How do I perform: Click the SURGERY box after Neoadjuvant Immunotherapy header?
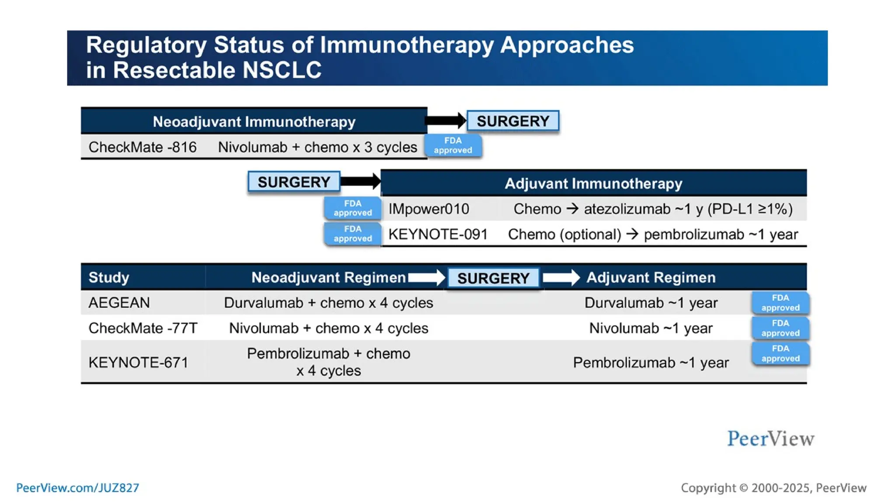(513, 121)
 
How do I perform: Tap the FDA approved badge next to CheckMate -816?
(453, 145)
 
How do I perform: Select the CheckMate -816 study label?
(142, 147)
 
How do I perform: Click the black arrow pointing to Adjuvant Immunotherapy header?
(360, 181)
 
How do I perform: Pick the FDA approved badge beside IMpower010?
(352, 208)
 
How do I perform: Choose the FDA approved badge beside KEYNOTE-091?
(352, 234)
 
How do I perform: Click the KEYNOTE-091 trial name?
(438, 234)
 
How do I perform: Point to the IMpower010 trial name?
(429, 209)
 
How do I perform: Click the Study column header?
(109, 277)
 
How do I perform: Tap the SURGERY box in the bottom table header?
(493, 278)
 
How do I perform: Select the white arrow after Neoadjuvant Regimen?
(426, 278)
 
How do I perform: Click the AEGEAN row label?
(119, 303)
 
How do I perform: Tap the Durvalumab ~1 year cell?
(650, 303)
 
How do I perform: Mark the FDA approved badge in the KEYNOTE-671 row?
(780, 354)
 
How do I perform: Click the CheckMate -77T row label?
(143, 328)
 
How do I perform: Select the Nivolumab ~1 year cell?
(650, 328)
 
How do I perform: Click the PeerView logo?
(770, 439)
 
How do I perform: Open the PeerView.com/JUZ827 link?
(77, 488)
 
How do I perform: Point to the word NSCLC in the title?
(282, 70)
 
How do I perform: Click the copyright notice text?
(773, 488)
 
